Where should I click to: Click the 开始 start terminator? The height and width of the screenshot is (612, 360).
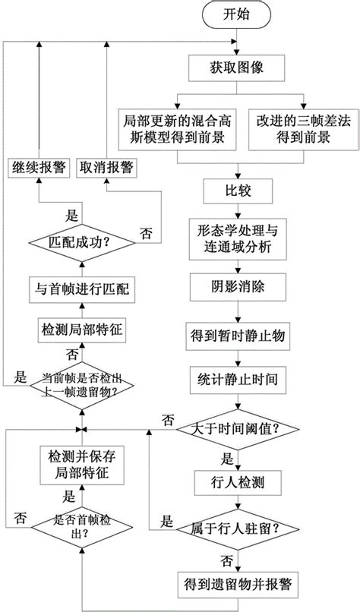click(x=238, y=15)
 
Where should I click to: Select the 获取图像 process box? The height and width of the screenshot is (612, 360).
click(x=238, y=70)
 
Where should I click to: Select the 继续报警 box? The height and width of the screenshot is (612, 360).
click(x=39, y=168)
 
